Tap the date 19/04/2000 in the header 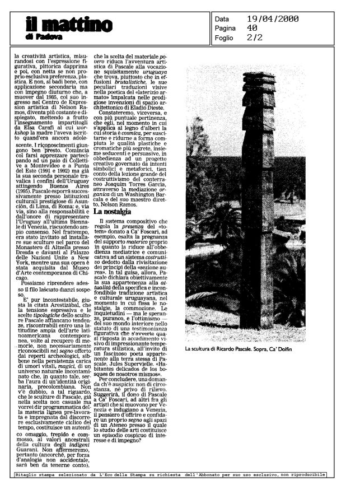click(272, 18)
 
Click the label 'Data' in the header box click(222, 18)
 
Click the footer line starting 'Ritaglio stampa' click(170, 474)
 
